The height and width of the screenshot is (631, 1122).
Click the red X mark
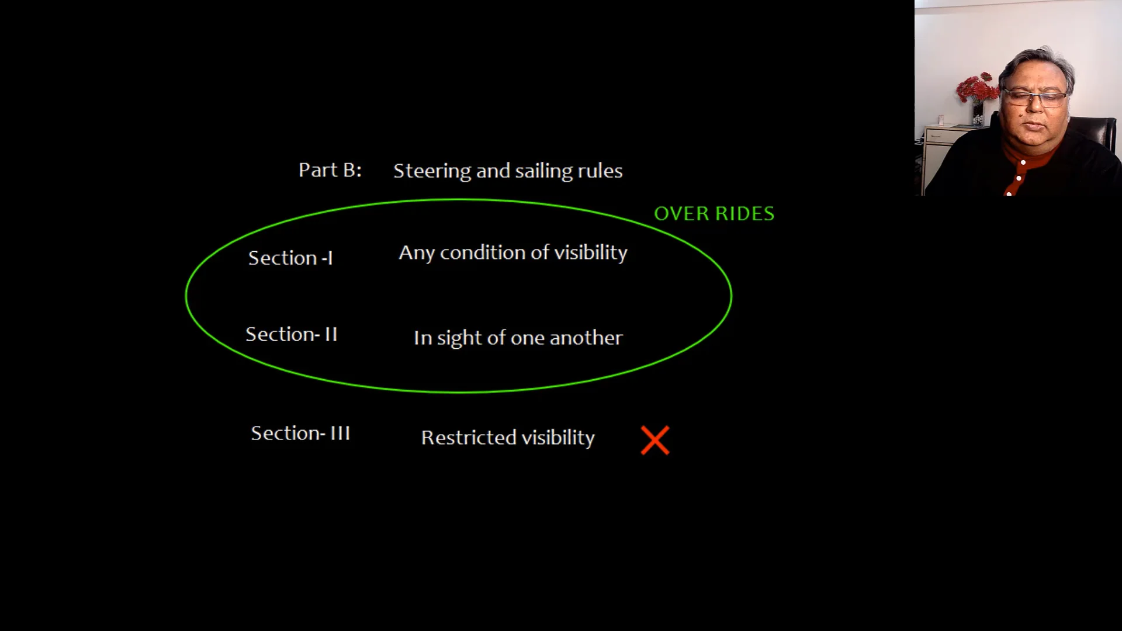(x=655, y=441)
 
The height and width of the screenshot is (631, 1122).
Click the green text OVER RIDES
(x=714, y=214)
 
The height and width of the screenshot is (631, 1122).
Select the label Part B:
(x=330, y=170)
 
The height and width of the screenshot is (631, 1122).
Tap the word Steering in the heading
(x=432, y=171)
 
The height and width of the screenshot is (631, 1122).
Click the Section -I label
(x=290, y=258)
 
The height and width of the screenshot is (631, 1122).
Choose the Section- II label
(x=292, y=334)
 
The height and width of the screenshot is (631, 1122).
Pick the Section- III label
(x=300, y=433)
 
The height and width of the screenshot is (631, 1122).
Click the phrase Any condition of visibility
(x=513, y=253)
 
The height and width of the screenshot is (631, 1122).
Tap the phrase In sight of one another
(x=518, y=338)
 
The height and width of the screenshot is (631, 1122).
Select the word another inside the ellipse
(x=586, y=338)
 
